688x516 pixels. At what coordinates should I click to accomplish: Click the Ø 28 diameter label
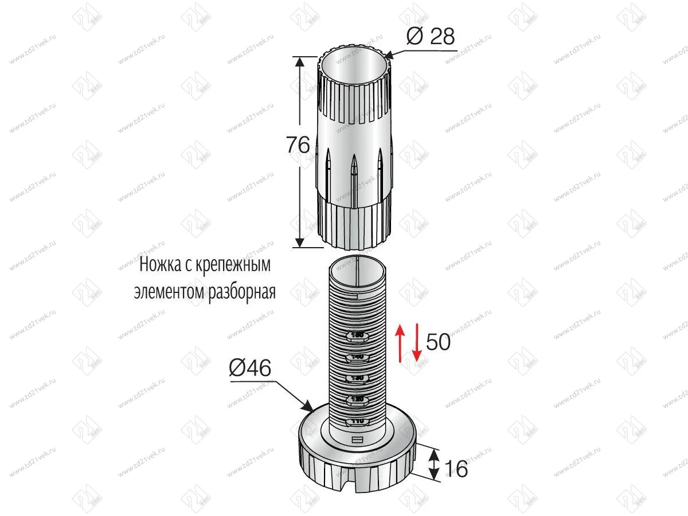coord(430,37)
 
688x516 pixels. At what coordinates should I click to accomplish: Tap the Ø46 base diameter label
coord(250,369)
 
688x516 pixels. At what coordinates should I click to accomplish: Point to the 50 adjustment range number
coord(439,342)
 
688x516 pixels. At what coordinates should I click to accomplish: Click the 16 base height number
coord(456,468)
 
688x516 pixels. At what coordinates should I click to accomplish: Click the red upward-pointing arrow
coord(402,343)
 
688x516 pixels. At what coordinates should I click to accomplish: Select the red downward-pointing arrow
coord(417,343)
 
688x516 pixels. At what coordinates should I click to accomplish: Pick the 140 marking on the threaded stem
coord(357,357)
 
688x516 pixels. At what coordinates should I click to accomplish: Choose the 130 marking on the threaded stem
coord(357,378)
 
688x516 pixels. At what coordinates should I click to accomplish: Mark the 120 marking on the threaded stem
coord(357,399)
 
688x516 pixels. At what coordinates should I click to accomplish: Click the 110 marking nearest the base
coord(357,421)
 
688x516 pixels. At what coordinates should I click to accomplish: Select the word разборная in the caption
coord(241,291)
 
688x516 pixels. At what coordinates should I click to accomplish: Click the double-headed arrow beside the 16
coord(435,464)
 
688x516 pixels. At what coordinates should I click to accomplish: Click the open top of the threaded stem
coord(356,264)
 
